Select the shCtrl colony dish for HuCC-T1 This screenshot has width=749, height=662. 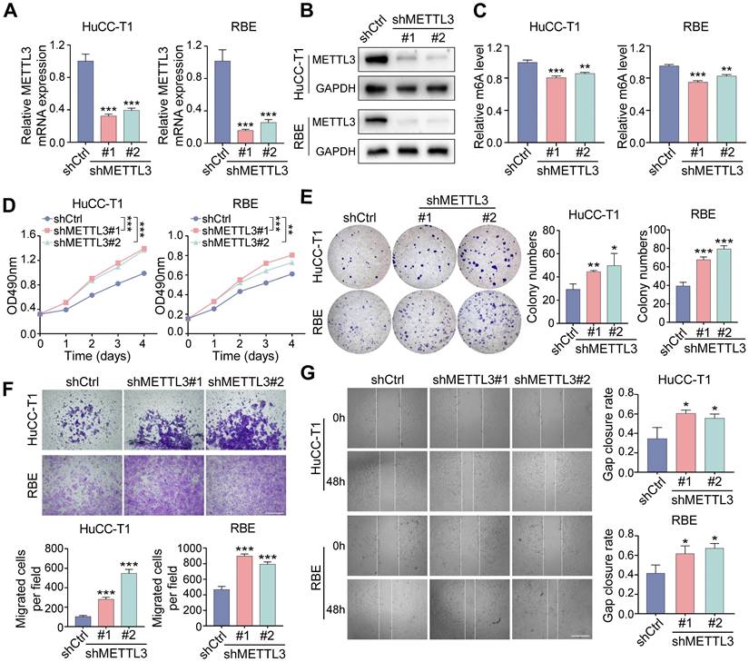[x=359, y=252]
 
